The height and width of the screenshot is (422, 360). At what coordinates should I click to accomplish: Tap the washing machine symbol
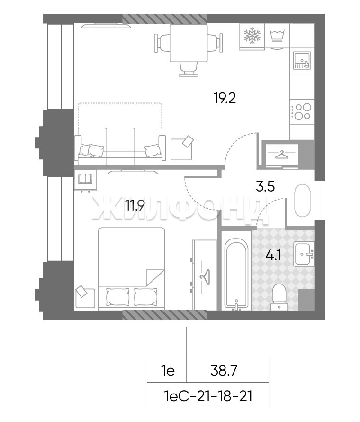(x=277, y=36)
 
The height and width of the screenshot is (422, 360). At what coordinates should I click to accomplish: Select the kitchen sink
(x=302, y=60)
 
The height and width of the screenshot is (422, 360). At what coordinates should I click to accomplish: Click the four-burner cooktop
(x=302, y=111)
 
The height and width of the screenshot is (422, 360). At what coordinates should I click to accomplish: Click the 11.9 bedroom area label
(x=135, y=206)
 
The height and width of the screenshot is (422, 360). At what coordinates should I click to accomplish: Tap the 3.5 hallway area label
(x=265, y=186)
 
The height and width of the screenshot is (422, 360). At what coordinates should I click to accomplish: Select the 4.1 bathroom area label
(x=273, y=255)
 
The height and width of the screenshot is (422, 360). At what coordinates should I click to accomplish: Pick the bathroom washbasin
(x=304, y=254)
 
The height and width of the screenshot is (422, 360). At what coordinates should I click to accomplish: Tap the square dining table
(x=189, y=43)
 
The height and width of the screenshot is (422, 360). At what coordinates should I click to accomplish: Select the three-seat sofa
(x=120, y=146)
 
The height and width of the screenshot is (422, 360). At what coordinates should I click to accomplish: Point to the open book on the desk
(x=85, y=179)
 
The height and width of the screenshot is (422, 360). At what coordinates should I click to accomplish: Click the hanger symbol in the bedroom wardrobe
(x=205, y=276)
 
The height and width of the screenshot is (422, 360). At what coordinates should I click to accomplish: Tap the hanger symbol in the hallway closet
(x=281, y=155)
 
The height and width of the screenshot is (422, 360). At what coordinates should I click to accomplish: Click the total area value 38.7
(x=224, y=371)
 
